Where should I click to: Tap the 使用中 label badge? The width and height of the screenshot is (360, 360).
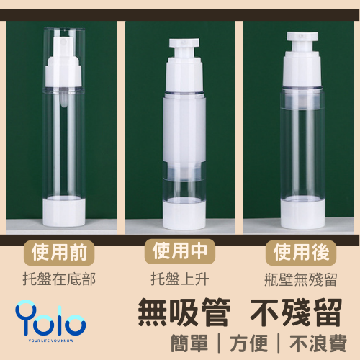click(180, 253)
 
